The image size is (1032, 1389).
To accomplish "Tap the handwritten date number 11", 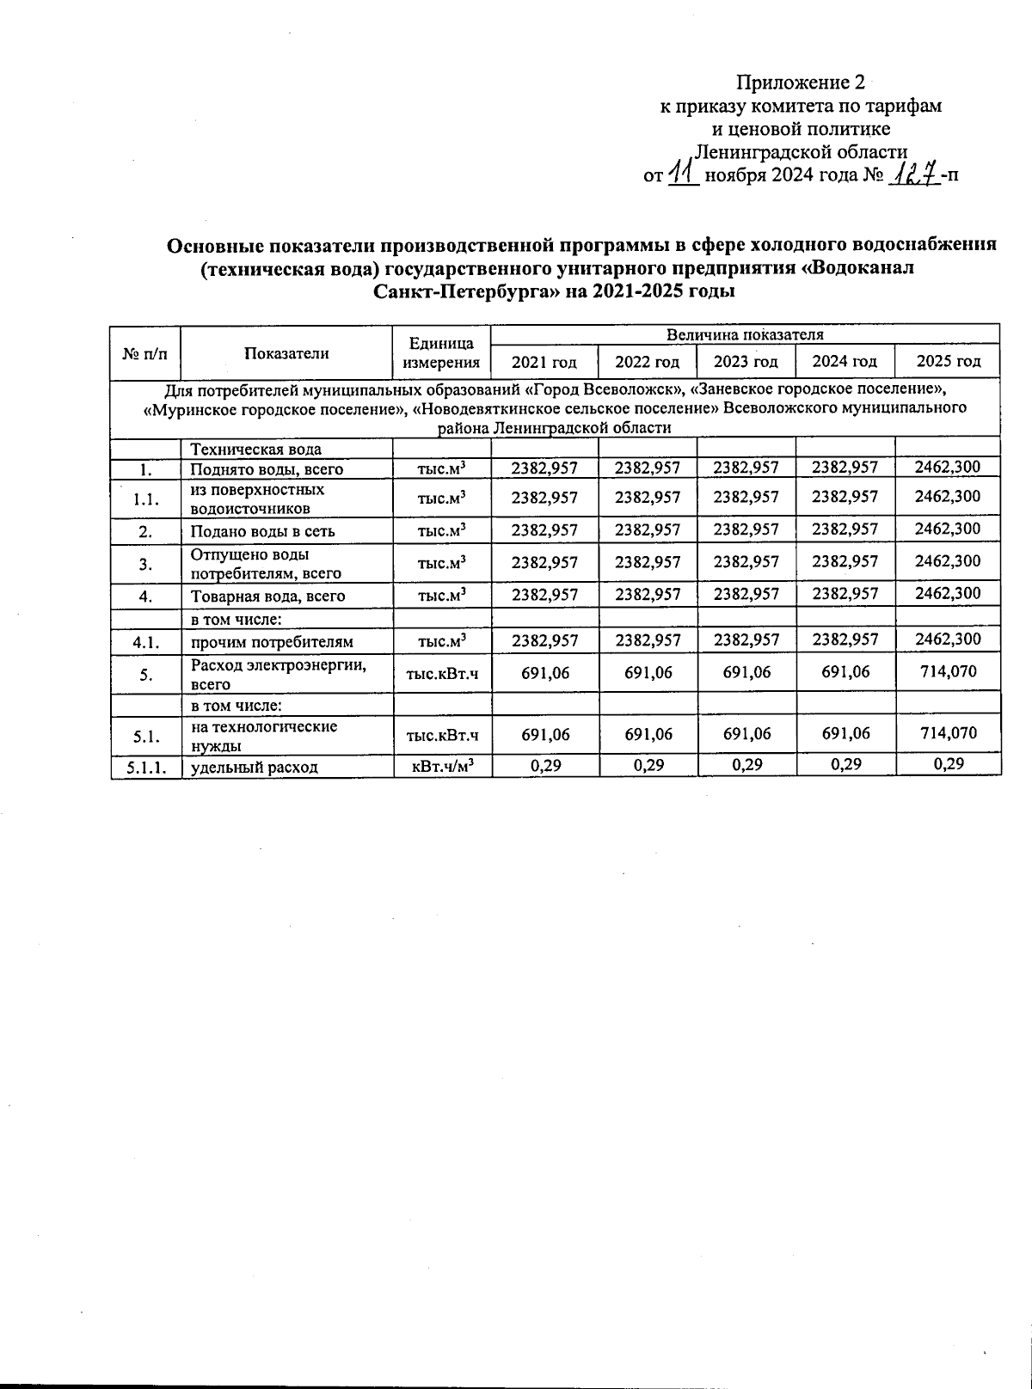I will (684, 174).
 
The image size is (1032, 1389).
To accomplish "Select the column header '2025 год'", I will (948, 361).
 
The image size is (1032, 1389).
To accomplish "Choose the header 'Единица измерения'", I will (441, 352).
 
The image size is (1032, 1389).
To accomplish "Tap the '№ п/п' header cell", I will (145, 352).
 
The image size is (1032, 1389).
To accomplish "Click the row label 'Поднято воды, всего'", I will (267, 469).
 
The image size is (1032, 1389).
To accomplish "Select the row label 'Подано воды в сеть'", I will (262, 531).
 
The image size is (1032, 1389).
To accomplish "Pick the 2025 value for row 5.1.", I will (947, 733).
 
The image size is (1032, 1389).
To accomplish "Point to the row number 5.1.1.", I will (145, 767).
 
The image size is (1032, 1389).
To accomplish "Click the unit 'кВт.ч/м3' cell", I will (441, 766).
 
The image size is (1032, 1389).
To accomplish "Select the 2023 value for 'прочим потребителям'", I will (746, 639).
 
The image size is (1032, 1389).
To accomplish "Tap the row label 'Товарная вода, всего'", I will (267, 596).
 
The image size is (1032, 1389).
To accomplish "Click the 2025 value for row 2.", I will (947, 529).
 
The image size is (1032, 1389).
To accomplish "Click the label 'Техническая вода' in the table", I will (255, 449).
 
